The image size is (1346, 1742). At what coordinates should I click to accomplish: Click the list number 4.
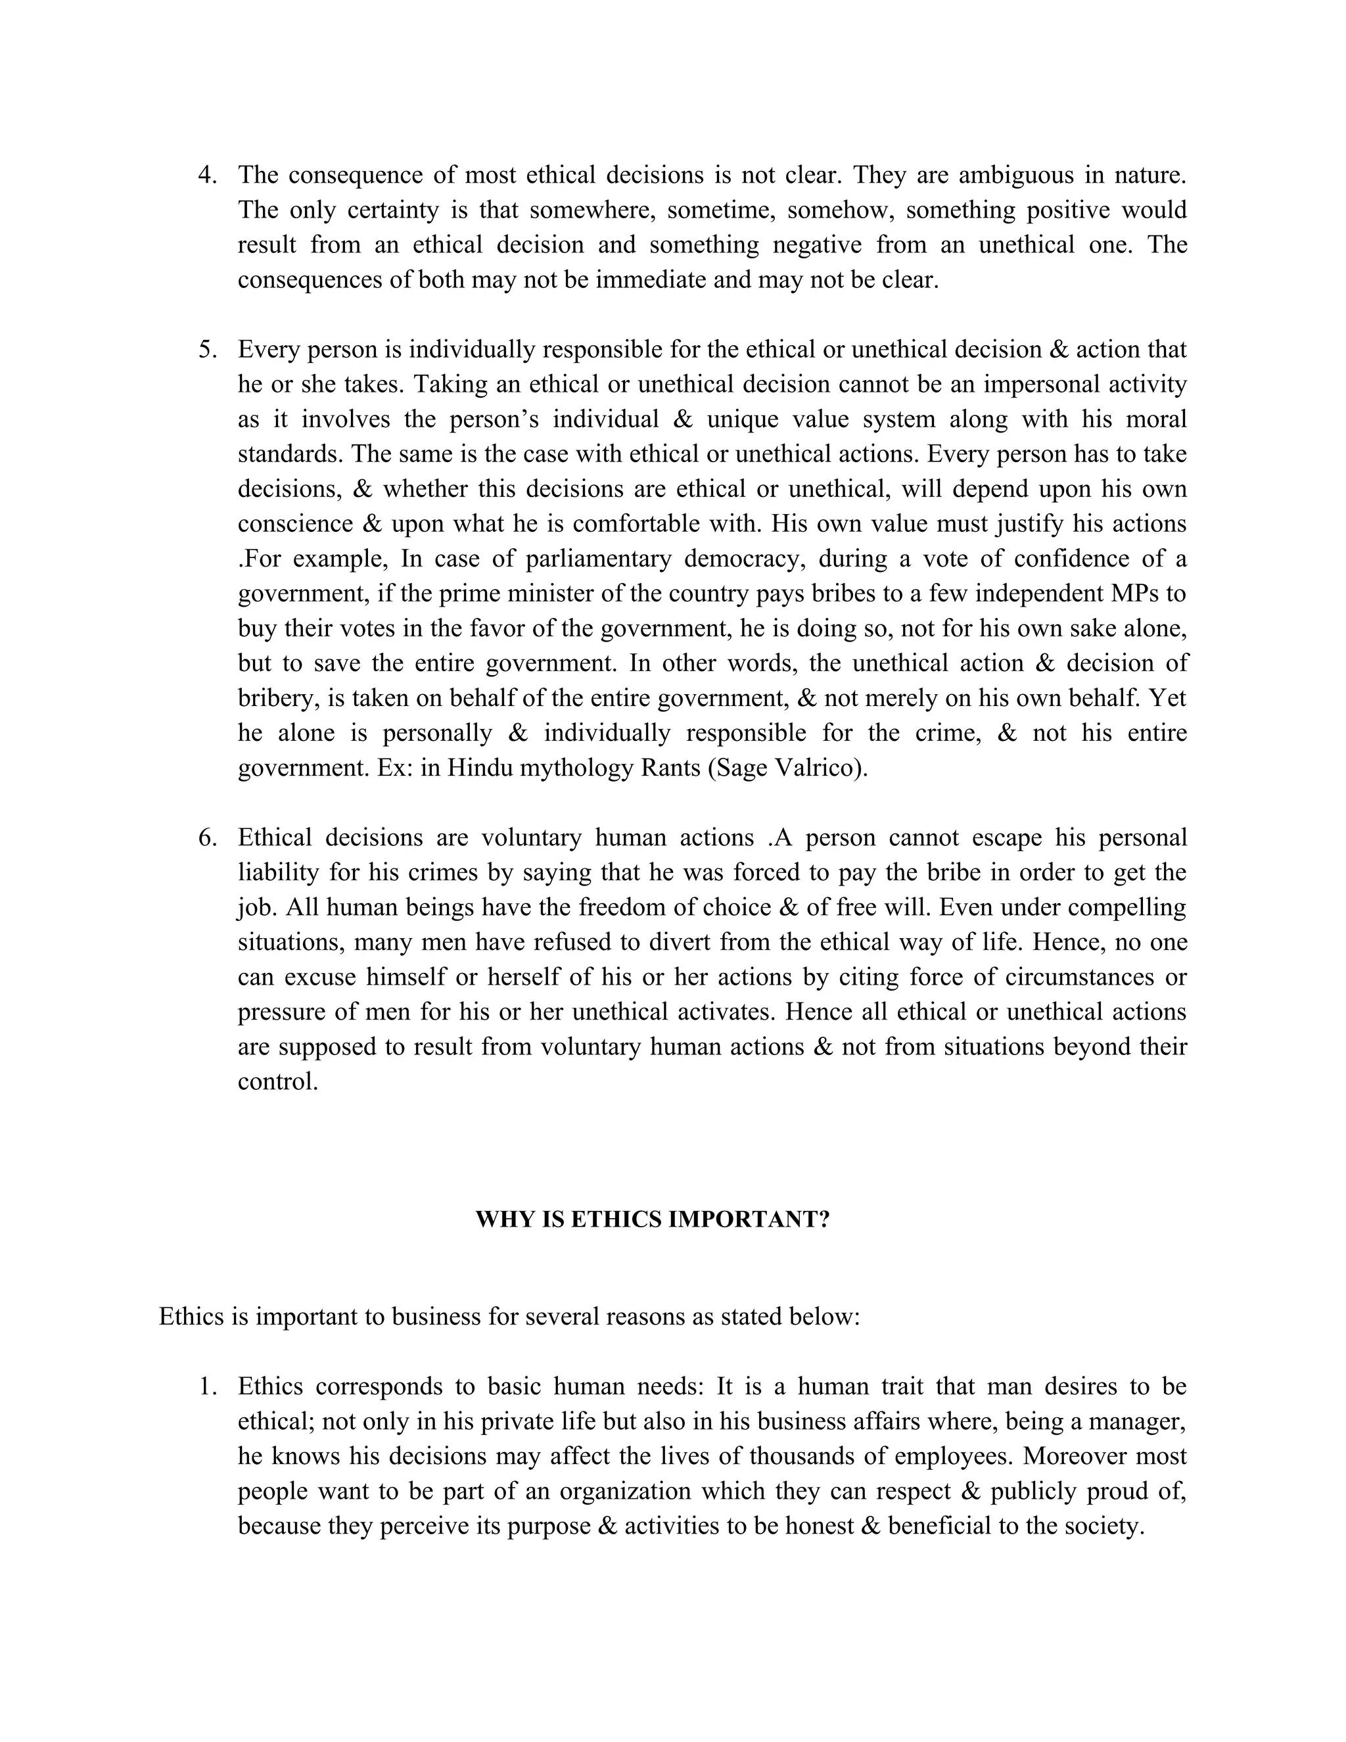tap(206, 176)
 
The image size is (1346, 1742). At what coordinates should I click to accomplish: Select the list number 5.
tap(206, 349)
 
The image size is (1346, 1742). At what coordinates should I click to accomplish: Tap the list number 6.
tap(206, 837)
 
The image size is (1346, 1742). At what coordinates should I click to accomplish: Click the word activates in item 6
tap(726, 1012)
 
